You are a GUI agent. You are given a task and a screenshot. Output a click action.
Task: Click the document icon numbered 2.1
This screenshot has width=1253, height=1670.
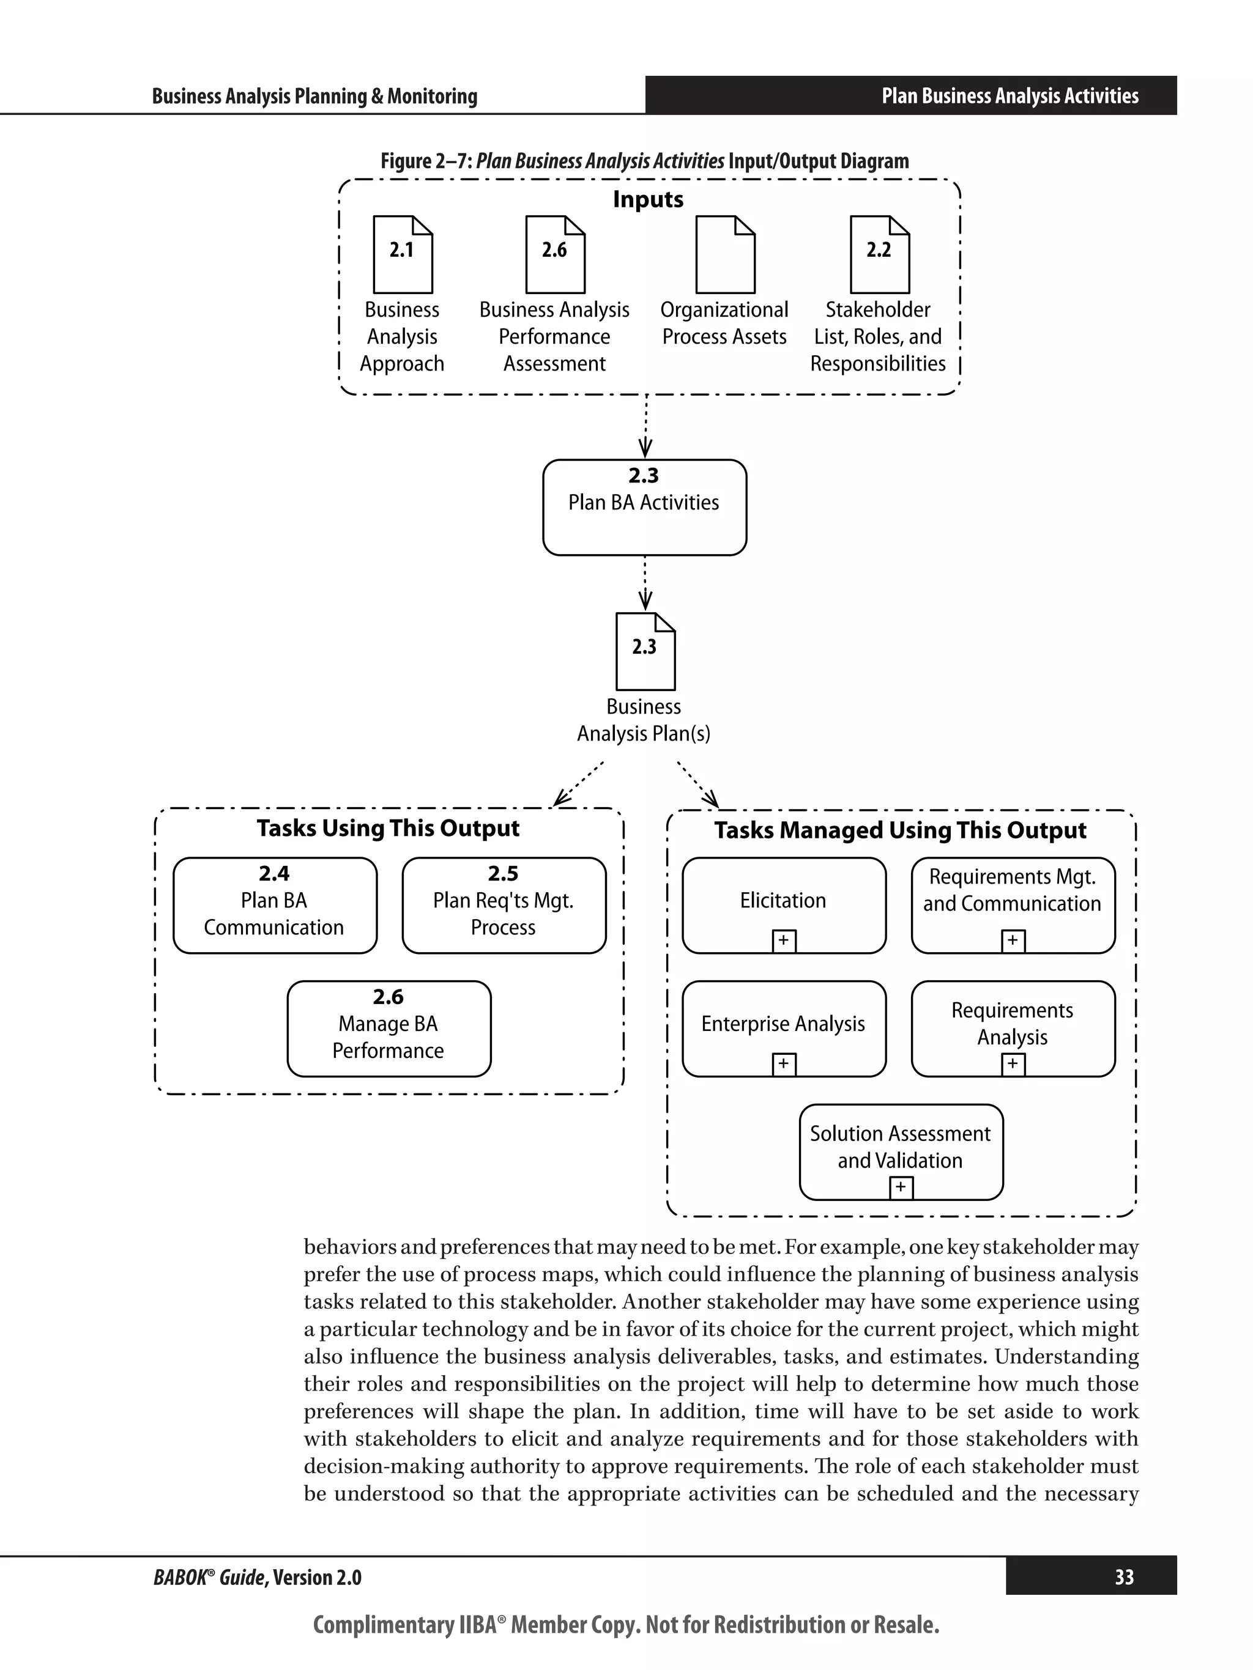tap(403, 254)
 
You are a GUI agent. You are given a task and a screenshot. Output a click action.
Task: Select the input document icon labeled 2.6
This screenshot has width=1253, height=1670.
tap(555, 254)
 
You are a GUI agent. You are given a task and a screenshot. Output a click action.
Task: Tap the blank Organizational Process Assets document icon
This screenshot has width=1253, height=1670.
tap(725, 254)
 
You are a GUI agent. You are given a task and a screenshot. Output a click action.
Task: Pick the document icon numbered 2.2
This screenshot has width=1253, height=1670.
tap(879, 254)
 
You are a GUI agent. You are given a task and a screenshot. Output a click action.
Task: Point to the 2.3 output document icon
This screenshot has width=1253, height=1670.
tap(645, 651)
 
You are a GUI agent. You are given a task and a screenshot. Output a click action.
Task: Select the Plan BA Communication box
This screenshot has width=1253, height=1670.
tap(275, 904)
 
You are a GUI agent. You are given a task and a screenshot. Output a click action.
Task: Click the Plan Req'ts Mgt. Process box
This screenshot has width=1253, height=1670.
tap(504, 904)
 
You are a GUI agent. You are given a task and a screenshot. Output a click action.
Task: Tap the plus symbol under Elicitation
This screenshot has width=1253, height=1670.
tap(784, 940)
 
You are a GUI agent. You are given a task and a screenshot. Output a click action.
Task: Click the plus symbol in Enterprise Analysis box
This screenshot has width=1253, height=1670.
tap(784, 1064)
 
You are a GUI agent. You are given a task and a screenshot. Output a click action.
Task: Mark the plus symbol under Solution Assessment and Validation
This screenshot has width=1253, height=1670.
tap(901, 1188)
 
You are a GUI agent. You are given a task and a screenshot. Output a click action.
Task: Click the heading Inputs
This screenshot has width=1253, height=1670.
tap(648, 199)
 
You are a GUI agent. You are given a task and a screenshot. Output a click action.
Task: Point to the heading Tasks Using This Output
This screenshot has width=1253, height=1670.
tap(389, 828)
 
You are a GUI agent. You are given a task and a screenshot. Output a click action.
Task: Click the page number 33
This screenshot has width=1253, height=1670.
tap(1124, 1577)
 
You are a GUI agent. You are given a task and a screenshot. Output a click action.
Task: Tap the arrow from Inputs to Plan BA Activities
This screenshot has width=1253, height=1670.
tap(645, 427)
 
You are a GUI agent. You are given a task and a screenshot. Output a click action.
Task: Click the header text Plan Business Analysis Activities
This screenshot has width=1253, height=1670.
tap(1009, 96)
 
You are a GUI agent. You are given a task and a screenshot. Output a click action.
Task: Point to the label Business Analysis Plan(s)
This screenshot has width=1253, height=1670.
tap(644, 720)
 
